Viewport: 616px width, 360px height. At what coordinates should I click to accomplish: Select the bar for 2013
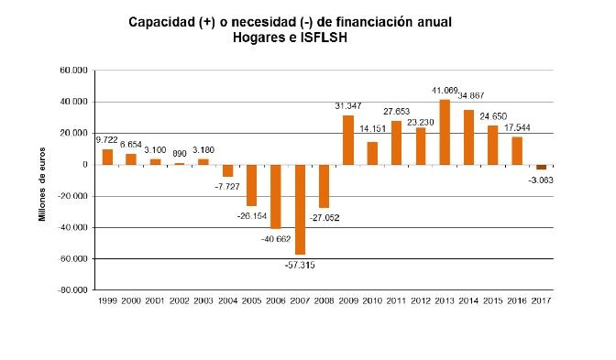point(445,132)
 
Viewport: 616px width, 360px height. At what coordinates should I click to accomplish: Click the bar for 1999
point(107,157)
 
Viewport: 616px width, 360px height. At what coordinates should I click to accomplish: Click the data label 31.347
point(348,108)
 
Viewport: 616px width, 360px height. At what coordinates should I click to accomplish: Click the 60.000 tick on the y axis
point(74,71)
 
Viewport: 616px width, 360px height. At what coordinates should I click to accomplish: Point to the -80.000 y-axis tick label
point(73,290)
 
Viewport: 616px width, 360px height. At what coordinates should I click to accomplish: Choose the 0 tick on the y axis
point(84,165)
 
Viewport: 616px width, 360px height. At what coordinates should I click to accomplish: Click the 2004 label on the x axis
point(227,300)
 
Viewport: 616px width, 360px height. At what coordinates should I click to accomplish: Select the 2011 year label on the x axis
point(396,300)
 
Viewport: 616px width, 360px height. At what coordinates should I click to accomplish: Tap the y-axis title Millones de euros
point(41,181)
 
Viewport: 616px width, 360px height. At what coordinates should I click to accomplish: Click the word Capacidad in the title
point(162,21)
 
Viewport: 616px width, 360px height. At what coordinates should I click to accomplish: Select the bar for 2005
point(252,185)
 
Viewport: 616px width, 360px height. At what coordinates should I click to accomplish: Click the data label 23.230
point(421,120)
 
